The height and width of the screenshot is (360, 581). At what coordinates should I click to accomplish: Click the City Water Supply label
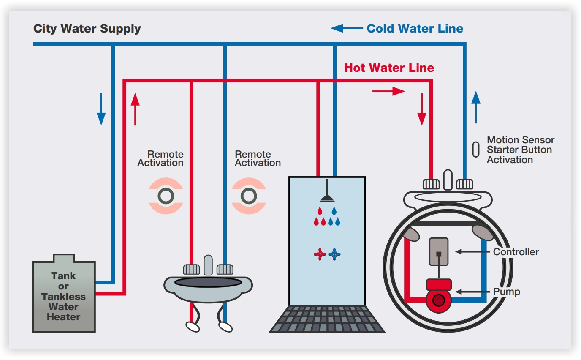[87, 29]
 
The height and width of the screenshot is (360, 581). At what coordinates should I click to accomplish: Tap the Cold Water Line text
[415, 29]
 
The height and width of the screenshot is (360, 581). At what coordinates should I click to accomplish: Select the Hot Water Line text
[389, 68]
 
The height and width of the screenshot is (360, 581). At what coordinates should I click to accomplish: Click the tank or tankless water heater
[64, 296]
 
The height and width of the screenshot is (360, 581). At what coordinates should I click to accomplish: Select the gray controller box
[439, 252]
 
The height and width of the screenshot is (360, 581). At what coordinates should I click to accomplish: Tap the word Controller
[516, 252]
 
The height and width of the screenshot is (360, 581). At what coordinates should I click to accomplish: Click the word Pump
[507, 292]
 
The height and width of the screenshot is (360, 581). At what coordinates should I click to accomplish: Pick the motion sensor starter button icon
[476, 150]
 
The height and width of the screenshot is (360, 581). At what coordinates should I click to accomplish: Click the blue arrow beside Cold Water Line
[347, 28]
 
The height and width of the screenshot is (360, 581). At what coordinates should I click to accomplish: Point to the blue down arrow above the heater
[101, 109]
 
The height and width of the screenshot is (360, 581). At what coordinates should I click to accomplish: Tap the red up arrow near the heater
[135, 109]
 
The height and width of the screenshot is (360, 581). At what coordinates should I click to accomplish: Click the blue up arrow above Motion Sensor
[476, 107]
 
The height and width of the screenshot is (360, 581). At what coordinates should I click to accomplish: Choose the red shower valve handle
[320, 254]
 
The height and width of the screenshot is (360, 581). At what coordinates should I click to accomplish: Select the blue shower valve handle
[334, 254]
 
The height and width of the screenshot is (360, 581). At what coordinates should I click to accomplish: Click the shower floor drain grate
[327, 319]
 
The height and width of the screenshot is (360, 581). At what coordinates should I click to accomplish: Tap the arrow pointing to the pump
[473, 292]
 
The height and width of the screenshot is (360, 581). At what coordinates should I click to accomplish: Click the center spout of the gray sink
[208, 265]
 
